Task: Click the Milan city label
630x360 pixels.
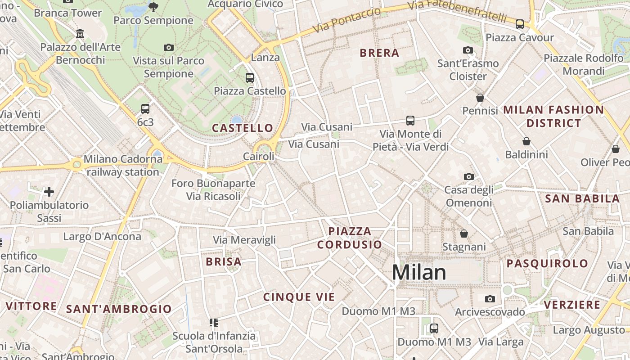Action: coord(419,272)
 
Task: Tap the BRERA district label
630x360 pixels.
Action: coord(379,53)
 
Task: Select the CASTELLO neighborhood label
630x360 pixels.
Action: coord(243,128)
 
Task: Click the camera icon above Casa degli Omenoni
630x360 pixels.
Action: coord(468,176)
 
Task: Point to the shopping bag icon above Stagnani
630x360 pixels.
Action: coord(463,234)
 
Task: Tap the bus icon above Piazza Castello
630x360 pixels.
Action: coord(250,78)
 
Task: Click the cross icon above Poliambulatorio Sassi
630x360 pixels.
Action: coord(49,192)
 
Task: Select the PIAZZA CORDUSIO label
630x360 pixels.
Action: coord(350,238)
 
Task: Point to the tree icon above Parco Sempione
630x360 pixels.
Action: coord(153,7)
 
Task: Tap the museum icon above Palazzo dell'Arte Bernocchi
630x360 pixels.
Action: coord(81,34)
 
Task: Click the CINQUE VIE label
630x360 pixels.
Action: coord(299,297)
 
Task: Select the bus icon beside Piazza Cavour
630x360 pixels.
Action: coord(520,24)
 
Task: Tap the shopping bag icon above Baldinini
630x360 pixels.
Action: coord(526,141)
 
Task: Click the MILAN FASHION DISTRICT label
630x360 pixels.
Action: coord(553,116)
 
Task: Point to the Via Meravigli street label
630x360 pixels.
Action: coord(244,240)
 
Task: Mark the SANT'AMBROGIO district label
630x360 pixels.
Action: coord(119,309)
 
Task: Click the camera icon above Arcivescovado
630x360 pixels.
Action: coord(490,299)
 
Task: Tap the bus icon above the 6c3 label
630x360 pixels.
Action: coord(145,108)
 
